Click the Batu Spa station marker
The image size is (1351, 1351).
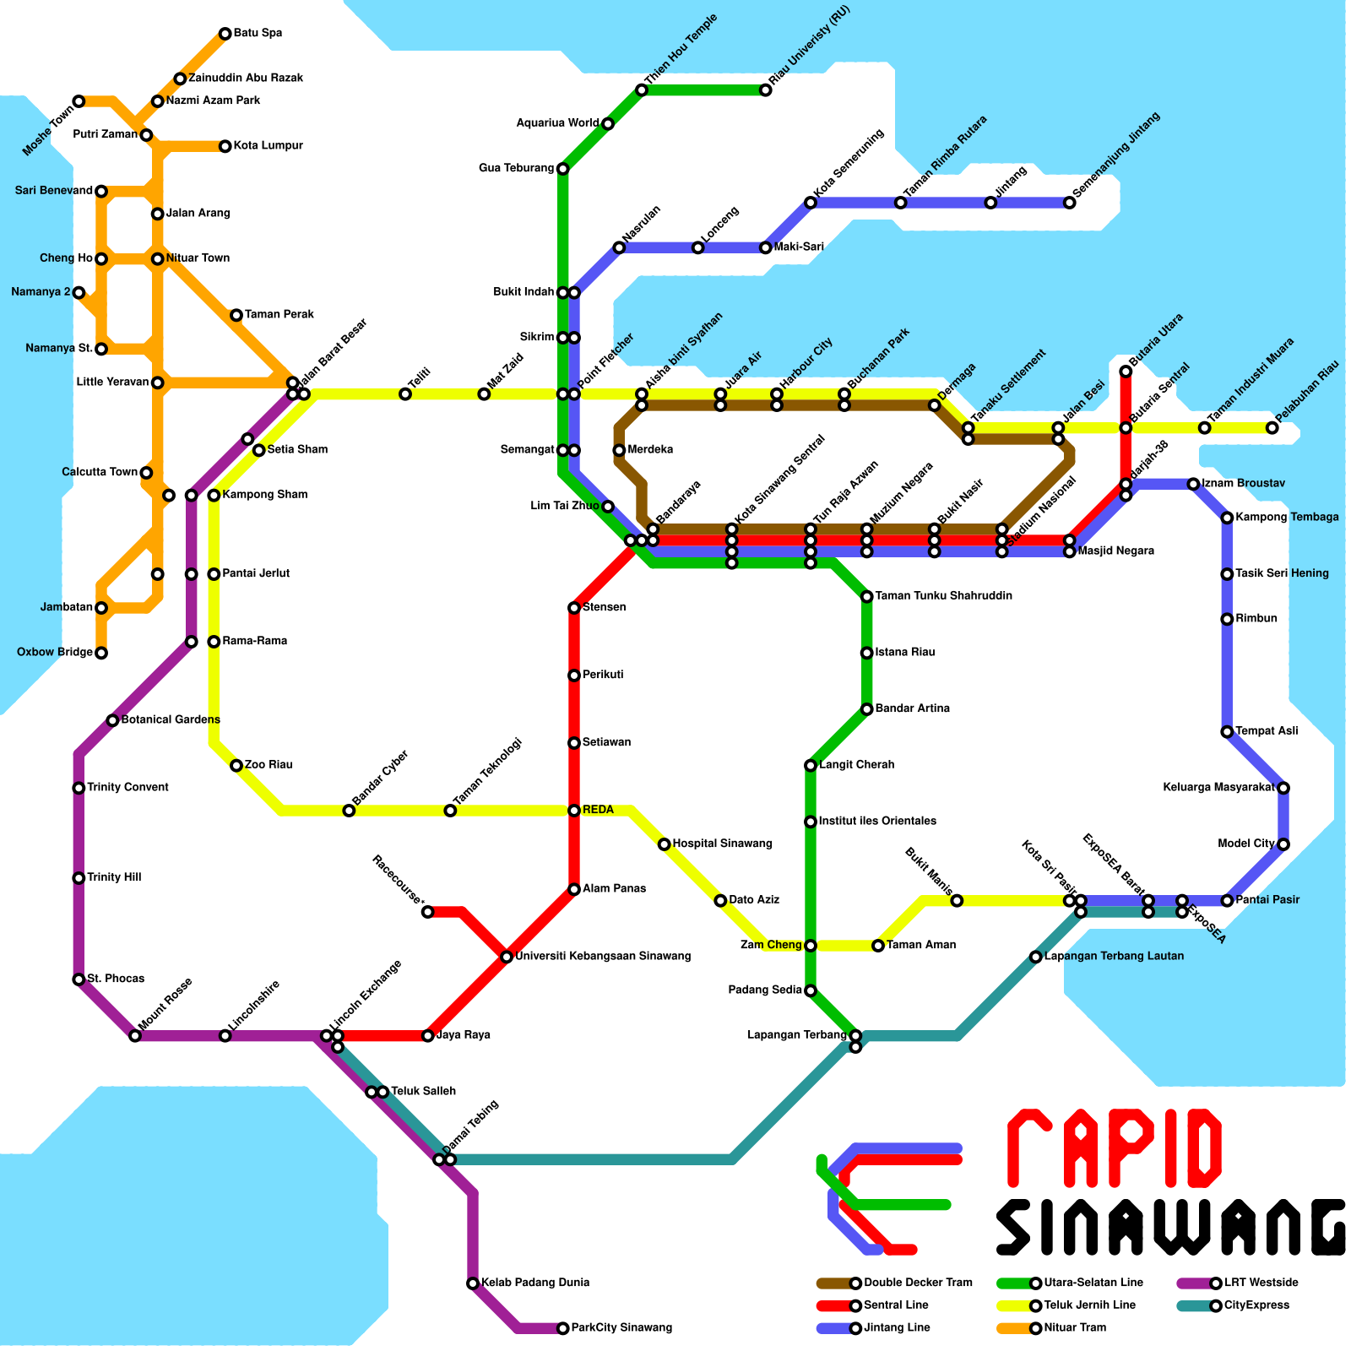(x=225, y=34)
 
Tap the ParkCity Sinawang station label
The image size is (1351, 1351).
(x=621, y=1328)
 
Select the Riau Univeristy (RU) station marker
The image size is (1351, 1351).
(x=765, y=90)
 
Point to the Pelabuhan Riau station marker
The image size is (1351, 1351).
(x=1272, y=428)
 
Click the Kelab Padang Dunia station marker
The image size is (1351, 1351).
(x=473, y=1283)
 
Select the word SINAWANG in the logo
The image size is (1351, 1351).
(x=1169, y=1227)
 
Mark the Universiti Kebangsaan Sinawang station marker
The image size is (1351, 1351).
(x=506, y=957)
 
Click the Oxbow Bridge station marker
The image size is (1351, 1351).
(x=101, y=653)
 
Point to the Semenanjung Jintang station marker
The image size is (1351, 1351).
(x=1070, y=203)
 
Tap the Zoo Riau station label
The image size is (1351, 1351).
(x=269, y=765)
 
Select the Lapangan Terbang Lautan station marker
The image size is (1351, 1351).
(x=1036, y=957)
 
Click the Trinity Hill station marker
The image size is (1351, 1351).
(x=79, y=878)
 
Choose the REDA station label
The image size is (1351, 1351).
(x=598, y=810)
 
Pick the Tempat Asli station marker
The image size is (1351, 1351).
(x=1227, y=731)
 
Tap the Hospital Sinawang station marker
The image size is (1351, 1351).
(x=665, y=844)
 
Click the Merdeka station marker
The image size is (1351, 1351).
(x=619, y=450)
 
